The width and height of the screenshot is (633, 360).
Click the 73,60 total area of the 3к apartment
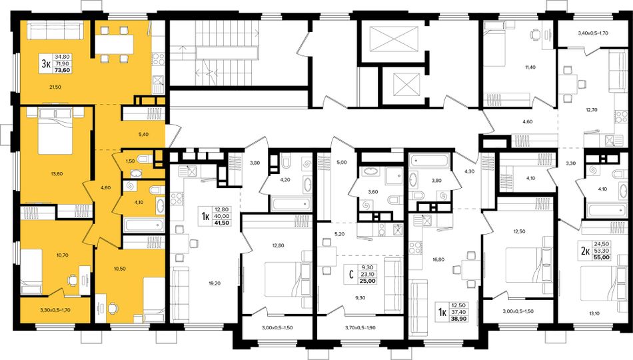click(x=63, y=70)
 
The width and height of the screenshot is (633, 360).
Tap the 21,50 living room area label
click(x=55, y=87)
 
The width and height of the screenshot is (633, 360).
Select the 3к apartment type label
click(x=47, y=64)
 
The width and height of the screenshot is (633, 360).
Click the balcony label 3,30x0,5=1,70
click(x=55, y=310)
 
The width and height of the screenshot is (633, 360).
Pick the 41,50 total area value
click(x=223, y=223)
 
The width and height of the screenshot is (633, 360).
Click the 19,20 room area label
click(x=215, y=283)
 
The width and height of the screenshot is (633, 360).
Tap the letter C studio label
click(x=351, y=275)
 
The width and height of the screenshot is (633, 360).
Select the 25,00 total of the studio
click(x=368, y=281)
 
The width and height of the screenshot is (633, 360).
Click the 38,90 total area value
click(x=459, y=319)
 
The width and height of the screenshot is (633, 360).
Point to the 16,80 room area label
click(x=438, y=259)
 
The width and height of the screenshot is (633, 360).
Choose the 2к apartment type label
click(x=585, y=251)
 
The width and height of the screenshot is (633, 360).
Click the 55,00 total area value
click(x=602, y=257)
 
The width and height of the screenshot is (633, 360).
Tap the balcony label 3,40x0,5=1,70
click(x=593, y=33)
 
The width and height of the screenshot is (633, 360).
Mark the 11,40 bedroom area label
click(x=530, y=67)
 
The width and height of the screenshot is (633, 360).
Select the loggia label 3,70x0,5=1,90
click(x=360, y=328)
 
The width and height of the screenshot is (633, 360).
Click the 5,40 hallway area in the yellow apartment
click(x=144, y=134)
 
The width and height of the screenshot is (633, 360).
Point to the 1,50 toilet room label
click(x=130, y=161)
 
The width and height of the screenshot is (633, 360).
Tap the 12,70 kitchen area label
click(x=592, y=109)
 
